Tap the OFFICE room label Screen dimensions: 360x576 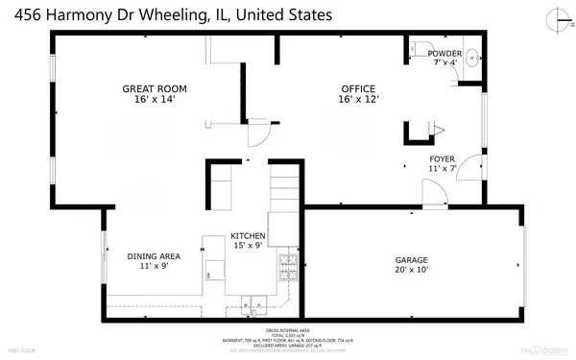point(358,88)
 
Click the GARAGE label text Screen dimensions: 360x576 point(412,260)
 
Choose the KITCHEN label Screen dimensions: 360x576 point(247,236)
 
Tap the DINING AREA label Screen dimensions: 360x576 point(155,256)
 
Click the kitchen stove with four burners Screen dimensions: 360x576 point(286,266)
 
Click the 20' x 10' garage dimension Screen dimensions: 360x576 point(412,270)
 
